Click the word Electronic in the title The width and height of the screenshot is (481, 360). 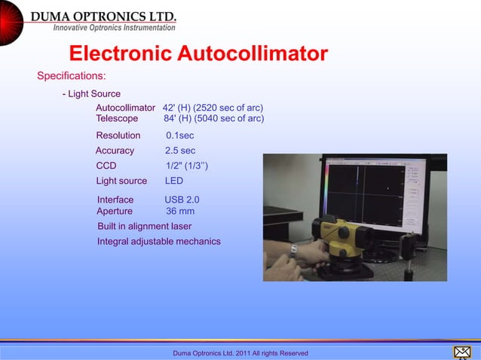pos(121,54)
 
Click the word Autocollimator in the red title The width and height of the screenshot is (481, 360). pos(253,54)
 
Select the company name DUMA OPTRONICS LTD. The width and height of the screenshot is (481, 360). pos(103,16)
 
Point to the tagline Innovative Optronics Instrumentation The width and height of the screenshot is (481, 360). pos(114,28)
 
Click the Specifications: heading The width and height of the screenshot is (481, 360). pos(72,76)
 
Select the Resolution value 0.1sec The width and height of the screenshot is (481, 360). pos(179,136)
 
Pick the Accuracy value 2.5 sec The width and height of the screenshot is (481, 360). pos(179,151)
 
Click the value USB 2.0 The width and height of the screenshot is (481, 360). pos(182,200)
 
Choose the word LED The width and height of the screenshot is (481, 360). pos(173,181)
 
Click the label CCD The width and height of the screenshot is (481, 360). pos(106,166)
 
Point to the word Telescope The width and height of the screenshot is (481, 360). pos(117,118)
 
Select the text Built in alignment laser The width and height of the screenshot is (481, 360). pos(144,226)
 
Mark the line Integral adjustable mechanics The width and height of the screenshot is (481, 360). pos(158,241)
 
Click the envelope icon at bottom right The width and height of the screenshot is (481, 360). pos(461,352)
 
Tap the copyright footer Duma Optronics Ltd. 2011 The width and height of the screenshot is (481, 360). pos(240,353)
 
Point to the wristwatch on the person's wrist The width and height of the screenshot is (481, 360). pos(293,251)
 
